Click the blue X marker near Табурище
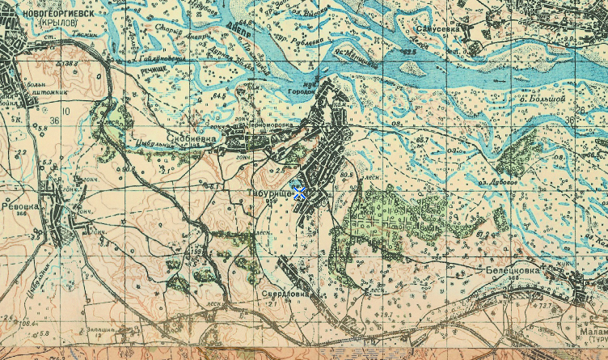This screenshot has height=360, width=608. pos(299,192)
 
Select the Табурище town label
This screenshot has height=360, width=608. pos(272,194)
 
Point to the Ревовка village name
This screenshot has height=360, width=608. pos(18,205)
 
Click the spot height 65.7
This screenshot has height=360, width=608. pos(421,141)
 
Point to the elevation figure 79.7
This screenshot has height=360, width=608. pos(387,314)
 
